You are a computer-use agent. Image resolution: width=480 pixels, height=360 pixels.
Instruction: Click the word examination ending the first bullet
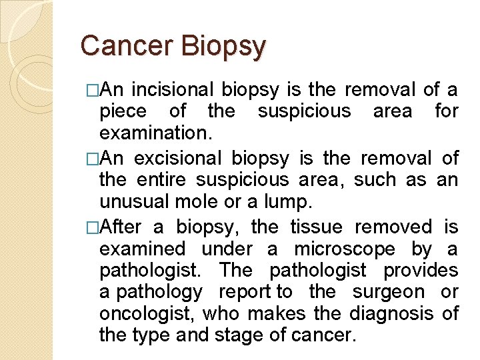coord(155,133)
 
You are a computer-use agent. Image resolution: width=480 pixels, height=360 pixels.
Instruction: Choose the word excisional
coord(178,159)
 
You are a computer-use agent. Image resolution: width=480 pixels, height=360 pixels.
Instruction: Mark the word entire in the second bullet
coord(163,180)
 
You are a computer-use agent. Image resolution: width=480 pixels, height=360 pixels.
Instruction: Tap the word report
coord(247,292)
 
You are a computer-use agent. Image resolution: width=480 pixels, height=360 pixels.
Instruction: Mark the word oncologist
coord(146,313)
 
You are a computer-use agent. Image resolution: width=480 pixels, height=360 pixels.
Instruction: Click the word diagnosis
coord(389,313)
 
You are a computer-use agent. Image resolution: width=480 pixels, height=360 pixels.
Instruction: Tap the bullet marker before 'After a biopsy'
coord(93,228)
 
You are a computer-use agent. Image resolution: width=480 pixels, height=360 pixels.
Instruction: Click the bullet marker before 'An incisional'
coord(93,90)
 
